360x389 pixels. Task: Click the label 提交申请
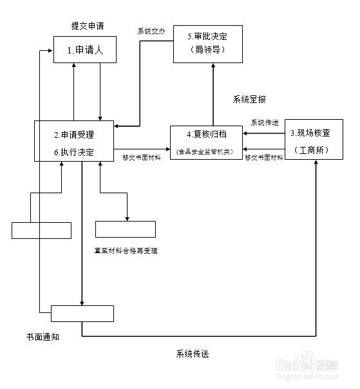pos(88,26)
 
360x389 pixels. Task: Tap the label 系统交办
pos(151,30)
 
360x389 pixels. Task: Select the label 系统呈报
pos(249,100)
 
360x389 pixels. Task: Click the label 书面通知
pos(43,337)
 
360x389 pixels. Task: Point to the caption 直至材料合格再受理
pos(126,250)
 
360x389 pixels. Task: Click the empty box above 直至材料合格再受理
pos(126,229)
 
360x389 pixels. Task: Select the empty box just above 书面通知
pos(82,314)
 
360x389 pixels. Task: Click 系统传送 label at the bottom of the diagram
pos(193,354)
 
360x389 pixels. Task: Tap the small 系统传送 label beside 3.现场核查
pos(265,122)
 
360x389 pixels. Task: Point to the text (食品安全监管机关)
pos(206,151)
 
